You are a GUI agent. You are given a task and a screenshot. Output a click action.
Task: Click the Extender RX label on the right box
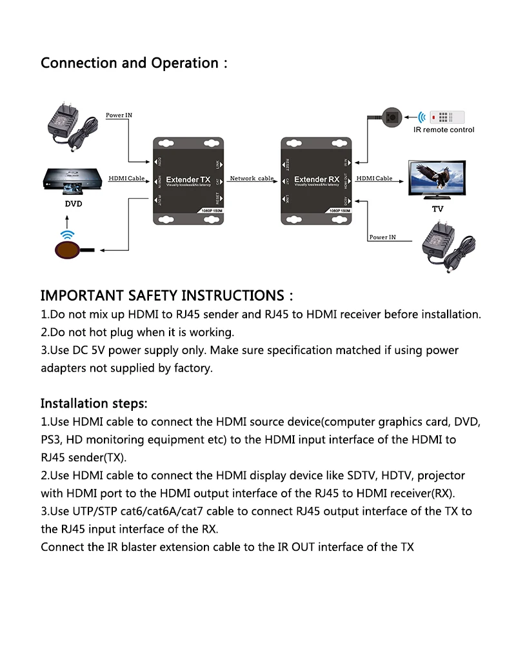pyautogui.click(x=317, y=179)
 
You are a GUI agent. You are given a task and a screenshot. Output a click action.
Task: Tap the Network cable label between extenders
pyautogui.click(x=252, y=178)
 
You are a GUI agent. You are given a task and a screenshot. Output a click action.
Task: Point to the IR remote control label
pyautogui.click(x=444, y=130)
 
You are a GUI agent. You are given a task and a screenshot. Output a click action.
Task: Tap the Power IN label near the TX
pyautogui.click(x=119, y=115)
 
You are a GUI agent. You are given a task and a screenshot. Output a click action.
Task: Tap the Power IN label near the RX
pyautogui.click(x=382, y=237)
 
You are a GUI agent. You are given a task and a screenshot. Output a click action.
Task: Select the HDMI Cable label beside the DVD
pyautogui.click(x=126, y=178)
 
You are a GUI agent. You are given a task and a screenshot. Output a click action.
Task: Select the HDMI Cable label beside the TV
pyautogui.click(x=374, y=178)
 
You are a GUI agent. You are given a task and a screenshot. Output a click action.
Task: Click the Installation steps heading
pyautogui.click(x=94, y=404)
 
